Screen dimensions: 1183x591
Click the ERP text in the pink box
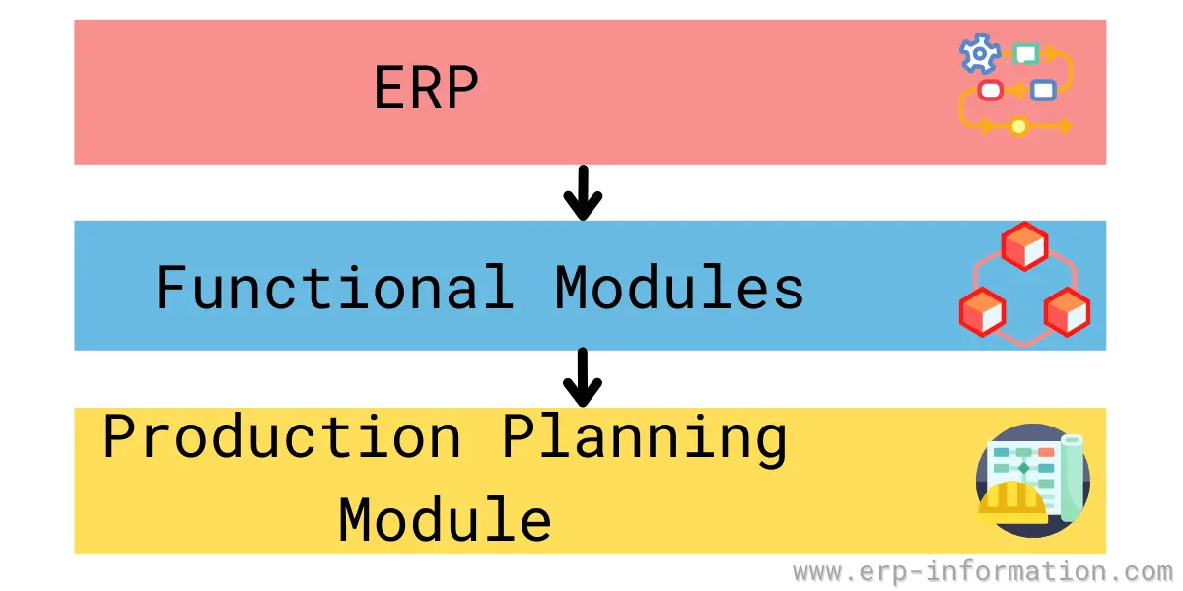426,87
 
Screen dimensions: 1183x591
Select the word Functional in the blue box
334,287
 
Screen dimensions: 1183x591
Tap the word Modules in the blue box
679,287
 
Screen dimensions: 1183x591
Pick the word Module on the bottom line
446,519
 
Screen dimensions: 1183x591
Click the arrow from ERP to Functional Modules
583,193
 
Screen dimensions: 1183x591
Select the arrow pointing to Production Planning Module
583,376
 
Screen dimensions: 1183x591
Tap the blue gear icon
980,53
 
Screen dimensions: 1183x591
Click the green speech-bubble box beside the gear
1025,54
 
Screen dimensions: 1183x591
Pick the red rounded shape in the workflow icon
990,91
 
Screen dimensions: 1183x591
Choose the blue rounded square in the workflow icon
1043,91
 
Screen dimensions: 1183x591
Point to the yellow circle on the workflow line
1018,127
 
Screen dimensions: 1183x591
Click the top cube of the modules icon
1024,246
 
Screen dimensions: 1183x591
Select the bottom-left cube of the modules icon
982,312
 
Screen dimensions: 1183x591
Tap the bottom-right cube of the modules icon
1067,312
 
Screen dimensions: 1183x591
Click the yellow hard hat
1012,503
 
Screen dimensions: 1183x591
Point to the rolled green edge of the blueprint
1073,478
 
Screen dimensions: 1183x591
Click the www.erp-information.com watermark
982,572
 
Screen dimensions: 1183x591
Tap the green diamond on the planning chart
1024,468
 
